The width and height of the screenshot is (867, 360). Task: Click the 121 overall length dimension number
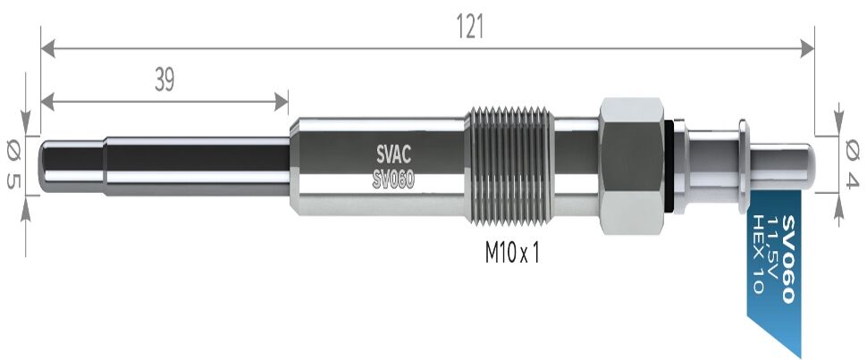(x=470, y=27)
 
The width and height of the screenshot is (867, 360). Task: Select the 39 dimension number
(x=164, y=80)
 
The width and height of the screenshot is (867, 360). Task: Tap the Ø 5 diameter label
(x=13, y=164)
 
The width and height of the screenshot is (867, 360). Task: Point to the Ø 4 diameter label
(x=852, y=164)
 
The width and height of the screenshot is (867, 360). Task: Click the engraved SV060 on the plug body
(x=393, y=179)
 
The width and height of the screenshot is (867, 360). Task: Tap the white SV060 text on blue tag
(x=789, y=259)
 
